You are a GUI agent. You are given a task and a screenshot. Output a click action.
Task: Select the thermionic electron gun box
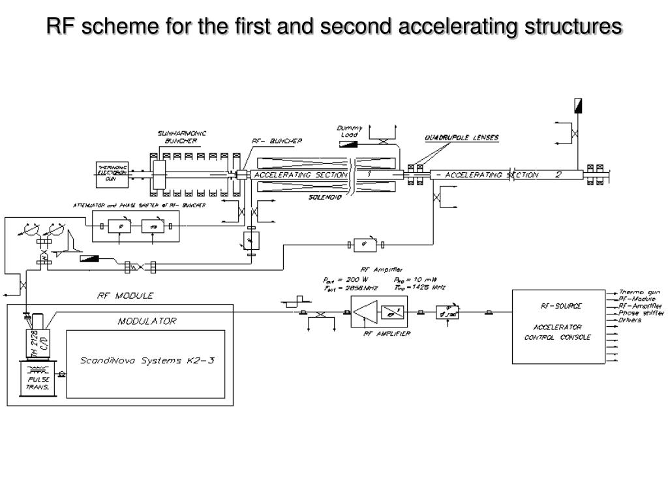click(112, 174)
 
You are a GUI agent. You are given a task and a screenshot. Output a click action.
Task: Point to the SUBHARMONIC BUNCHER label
click(182, 137)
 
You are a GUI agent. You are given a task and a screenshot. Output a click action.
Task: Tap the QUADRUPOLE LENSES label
click(461, 138)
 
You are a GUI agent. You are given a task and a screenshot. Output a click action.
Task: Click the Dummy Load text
click(350, 131)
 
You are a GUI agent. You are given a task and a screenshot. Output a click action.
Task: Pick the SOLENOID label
click(326, 196)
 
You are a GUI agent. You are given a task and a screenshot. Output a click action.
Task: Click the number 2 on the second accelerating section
click(558, 175)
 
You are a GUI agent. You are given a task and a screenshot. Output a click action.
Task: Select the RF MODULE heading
click(125, 296)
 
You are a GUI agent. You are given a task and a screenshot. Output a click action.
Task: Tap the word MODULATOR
click(147, 321)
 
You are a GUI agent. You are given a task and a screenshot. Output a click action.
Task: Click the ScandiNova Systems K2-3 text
click(147, 360)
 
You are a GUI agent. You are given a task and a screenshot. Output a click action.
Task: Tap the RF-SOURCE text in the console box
click(561, 305)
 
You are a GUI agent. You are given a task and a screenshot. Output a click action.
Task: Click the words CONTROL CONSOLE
click(557, 337)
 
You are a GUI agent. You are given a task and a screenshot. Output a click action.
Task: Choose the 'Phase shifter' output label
click(641, 313)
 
